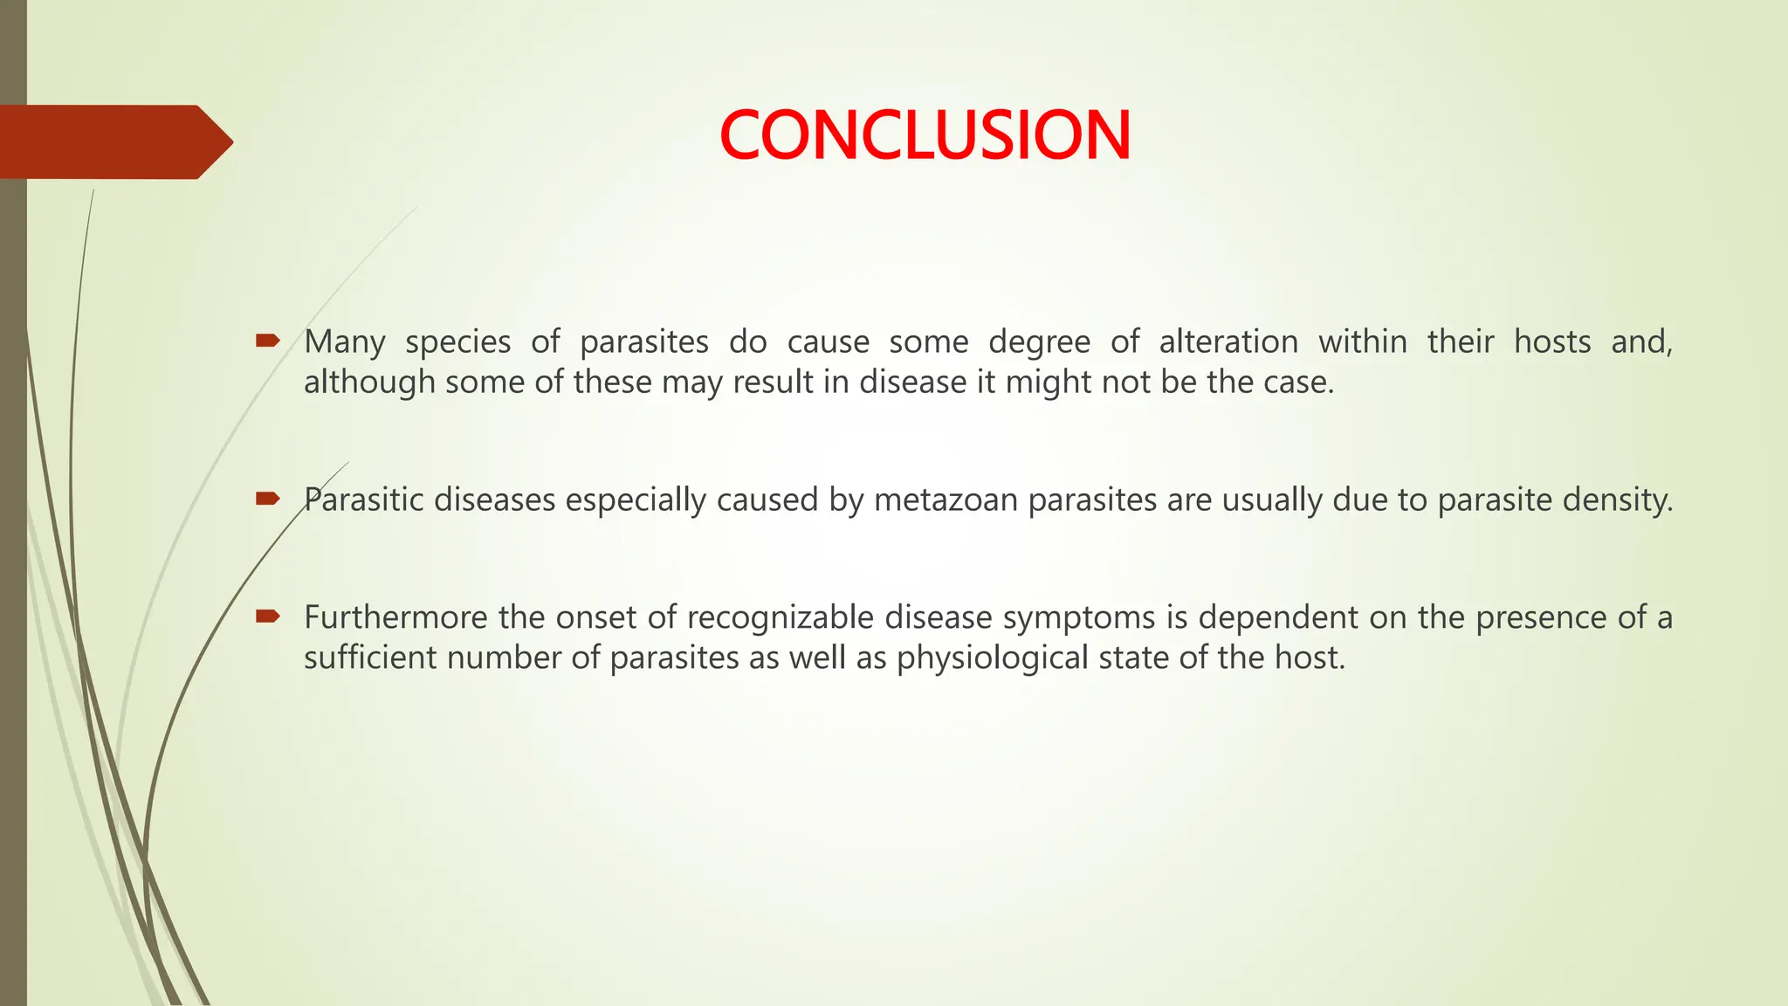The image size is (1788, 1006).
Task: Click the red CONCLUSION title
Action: (925, 135)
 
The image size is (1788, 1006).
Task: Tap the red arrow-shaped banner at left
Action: (113, 141)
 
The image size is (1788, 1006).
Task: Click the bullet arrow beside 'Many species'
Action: (267, 340)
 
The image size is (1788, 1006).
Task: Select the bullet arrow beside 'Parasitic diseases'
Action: (267, 499)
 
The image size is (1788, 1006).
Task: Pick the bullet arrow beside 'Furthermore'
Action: (267, 617)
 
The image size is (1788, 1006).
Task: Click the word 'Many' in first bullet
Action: (344, 342)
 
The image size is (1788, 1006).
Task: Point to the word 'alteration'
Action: (1228, 341)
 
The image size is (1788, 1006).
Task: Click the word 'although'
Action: (368, 382)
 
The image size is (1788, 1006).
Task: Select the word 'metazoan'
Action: (946, 500)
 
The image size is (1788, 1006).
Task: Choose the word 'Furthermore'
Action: (395, 617)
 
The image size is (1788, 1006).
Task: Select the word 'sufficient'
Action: (370, 658)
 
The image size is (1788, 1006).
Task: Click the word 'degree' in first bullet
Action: (1039, 342)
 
